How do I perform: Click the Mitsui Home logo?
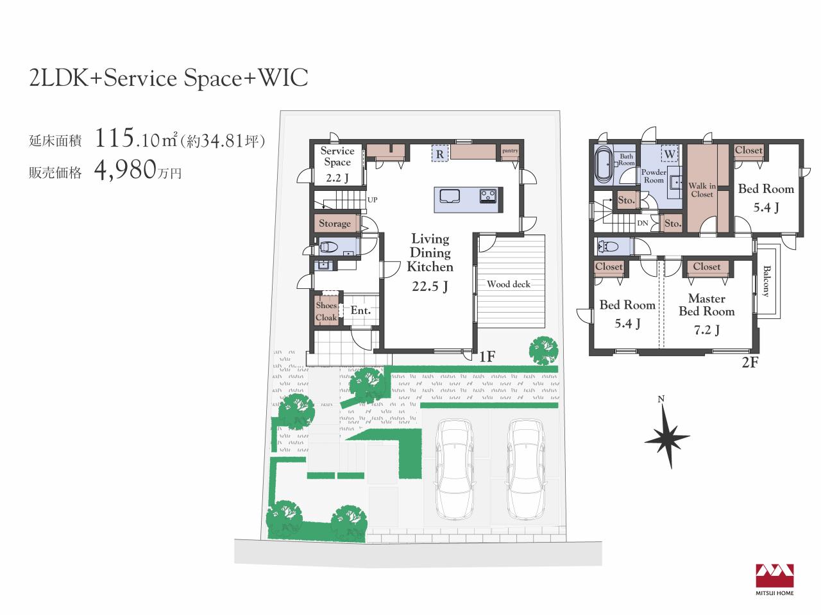(x=775, y=579)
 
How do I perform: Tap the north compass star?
(x=668, y=437)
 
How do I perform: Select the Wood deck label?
(x=509, y=284)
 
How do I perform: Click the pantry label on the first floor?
(x=510, y=151)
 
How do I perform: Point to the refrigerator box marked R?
(x=440, y=154)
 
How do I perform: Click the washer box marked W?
(x=670, y=153)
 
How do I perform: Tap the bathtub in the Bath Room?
(x=602, y=165)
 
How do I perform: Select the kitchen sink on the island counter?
(x=450, y=196)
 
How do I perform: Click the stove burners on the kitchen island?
(x=488, y=196)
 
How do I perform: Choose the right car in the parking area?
(x=526, y=469)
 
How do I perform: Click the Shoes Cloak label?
(x=326, y=311)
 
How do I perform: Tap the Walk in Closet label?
(x=702, y=190)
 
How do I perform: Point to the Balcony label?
(x=766, y=281)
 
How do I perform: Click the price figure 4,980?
(x=125, y=170)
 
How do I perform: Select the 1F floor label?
(x=487, y=357)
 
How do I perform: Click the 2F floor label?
(x=750, y=363)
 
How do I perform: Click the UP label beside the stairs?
(x=372, y=200)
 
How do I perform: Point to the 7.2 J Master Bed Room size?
(x=707, y=330)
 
